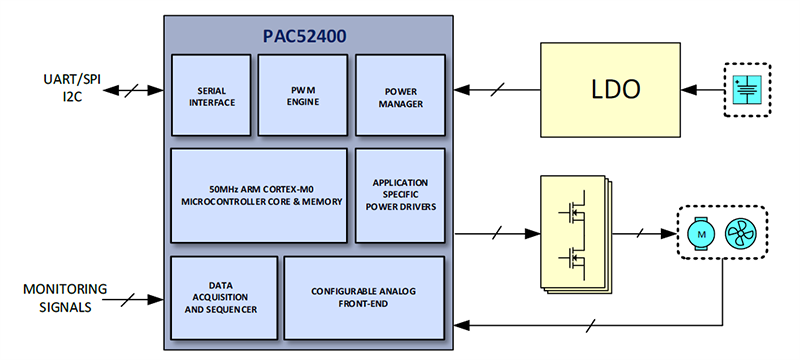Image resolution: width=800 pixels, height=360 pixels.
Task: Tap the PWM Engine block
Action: point(303,95)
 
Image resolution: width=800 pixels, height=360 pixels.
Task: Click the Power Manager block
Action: point(399,95)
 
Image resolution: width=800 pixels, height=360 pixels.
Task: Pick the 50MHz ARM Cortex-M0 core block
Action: point(259,196)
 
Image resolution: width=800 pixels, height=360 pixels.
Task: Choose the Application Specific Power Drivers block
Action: point(399,196)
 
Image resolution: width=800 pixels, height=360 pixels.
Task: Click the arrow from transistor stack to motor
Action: point(639,233)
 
